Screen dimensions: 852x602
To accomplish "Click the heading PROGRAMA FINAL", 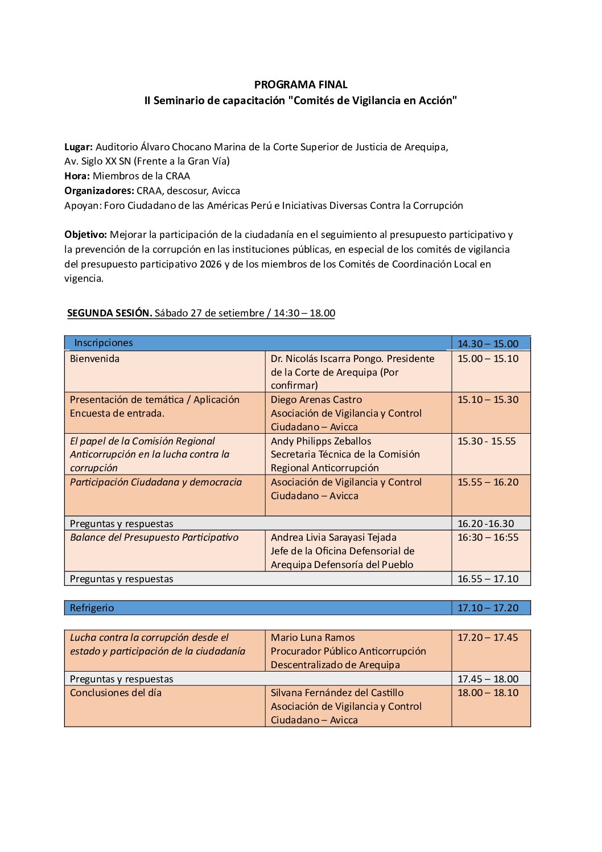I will (300, 85).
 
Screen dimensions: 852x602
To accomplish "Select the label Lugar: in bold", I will (79, 147).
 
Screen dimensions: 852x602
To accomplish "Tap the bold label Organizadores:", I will (99, 191).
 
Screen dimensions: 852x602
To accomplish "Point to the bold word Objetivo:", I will (85, 234).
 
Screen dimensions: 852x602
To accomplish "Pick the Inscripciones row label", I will (104, 343).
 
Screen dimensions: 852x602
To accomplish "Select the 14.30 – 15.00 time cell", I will (488, 344).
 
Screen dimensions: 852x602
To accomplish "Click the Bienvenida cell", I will (94, 359).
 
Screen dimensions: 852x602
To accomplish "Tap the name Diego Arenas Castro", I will (316, 400).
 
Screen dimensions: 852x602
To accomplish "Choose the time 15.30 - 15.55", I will (486, 441).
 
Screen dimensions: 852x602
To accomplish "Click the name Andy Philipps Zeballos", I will (321, 441).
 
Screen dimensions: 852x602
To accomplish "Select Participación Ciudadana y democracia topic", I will (156, 482).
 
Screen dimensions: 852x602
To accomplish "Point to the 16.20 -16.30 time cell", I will (485, 524).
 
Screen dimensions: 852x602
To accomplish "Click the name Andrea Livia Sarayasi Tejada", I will (333, 537).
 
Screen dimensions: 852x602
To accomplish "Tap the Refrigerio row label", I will (92, 608).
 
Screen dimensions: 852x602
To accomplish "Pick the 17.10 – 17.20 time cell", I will (488, 608).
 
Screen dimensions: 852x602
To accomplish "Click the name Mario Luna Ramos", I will (312, 637).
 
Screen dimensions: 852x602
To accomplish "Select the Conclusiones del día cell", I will (116, 693).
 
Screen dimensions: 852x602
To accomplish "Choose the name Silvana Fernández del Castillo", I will (337, 693).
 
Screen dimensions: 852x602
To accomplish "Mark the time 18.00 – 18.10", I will (488, 693).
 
